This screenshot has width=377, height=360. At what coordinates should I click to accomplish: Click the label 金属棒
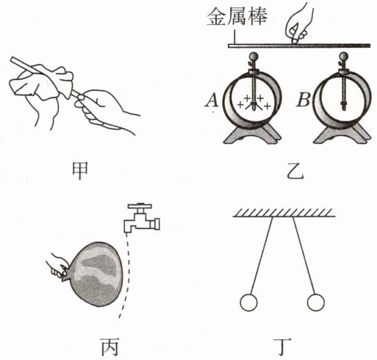[237, 17]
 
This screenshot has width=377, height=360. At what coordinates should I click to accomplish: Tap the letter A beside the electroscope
[212, 100]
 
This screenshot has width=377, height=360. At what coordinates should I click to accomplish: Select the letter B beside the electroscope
[303, 100]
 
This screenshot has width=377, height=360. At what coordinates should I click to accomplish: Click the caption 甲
[80, 171]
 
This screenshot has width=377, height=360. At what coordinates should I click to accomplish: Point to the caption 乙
[296, 172]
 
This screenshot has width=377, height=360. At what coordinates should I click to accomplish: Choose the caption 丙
[110, 347]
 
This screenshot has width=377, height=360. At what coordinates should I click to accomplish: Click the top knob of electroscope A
[254, 57]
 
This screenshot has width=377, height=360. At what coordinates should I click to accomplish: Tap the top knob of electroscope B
[344, 57]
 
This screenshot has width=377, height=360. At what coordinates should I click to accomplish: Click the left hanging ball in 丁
[249, 302]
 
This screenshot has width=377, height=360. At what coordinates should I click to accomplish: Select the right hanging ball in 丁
[316, 302]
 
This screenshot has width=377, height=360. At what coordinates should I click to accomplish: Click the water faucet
[142, 218]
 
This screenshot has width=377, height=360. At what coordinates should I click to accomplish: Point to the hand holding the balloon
[57, 265]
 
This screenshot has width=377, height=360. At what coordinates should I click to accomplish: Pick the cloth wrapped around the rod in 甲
[42, 82]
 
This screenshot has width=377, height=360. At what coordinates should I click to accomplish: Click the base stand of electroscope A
[252, 134]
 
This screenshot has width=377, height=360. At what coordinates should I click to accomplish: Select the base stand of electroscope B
[342, 134]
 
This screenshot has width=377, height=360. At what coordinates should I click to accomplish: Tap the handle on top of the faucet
[140, 206]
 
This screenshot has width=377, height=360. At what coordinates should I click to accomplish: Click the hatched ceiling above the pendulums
[284, 213]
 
